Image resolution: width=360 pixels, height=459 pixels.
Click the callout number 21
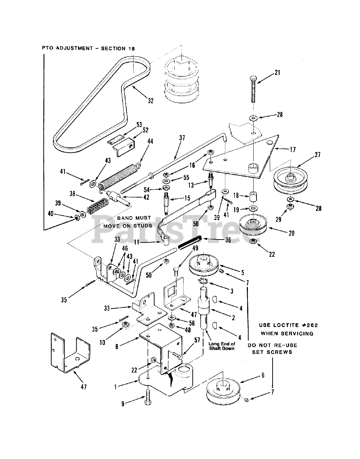pyautogui.click(x=277, y=72)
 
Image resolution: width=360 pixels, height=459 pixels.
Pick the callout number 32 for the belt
pyautogui.click(x=150, y=101)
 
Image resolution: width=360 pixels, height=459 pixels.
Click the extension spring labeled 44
pyautogui.click(x=119, y=176)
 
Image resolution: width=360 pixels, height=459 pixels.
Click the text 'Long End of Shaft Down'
pyautogui.click(x=222, y=346)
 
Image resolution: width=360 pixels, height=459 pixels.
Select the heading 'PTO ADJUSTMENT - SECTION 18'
pyautogui.click(x=88, y=48)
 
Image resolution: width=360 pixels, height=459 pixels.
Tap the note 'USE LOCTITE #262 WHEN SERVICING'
pyautogui.click(x=289, y=329)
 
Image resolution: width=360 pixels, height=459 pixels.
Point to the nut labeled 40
pyautogui.click(x=76, y=217)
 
